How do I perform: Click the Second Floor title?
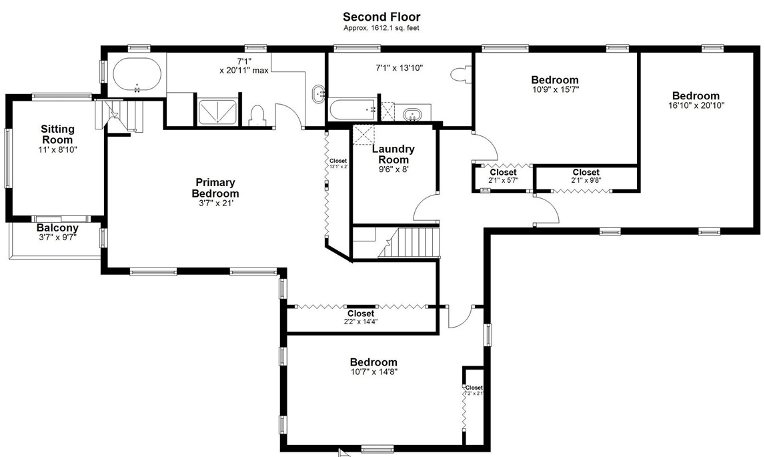[x=381, y=17]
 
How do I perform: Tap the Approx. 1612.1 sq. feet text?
[x=381, y=28]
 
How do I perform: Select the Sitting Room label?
[x=58, y=134]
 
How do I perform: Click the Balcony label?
[x=57, y=227]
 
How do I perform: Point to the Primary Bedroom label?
[x=215, y=187]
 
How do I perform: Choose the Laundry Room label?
[x=393, y=154]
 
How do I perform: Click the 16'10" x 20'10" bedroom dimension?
[x=696, y=105]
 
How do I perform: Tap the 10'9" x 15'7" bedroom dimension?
[x=555, y=89]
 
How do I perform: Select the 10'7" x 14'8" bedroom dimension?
[x=373, y=372]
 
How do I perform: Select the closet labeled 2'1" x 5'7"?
[x=503, y=176]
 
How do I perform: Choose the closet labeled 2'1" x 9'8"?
[x=586, y=176]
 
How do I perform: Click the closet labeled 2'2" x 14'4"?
[x=361, y=317]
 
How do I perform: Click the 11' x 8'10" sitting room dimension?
[x=58, y=150]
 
